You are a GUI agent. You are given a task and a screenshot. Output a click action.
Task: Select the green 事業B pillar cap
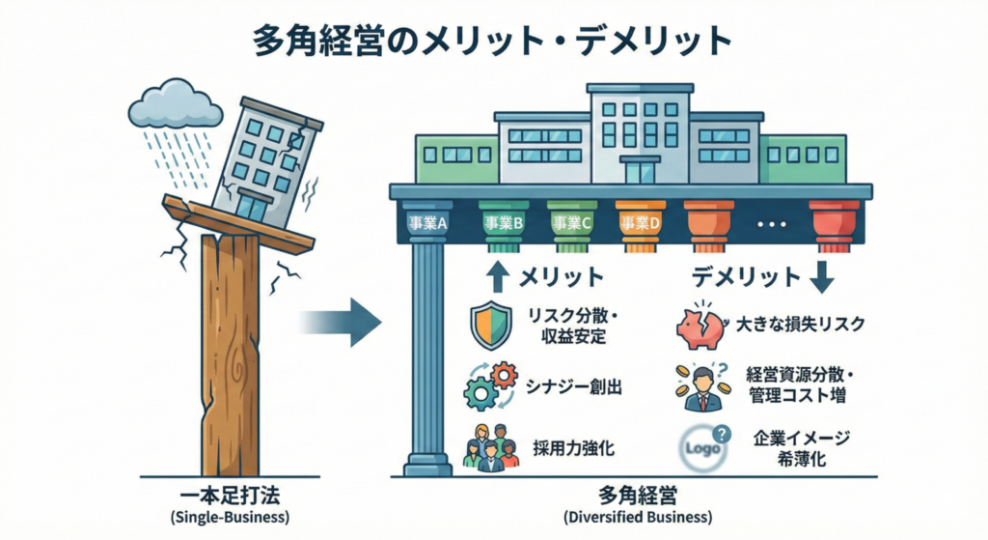[504, 222]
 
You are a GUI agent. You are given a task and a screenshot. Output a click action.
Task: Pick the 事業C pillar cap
[572, 222]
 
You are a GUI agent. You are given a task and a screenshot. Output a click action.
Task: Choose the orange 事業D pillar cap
[641, 222]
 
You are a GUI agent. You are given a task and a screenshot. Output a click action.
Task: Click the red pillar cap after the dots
[835, 222]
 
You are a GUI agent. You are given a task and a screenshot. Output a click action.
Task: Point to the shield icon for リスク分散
[488, 325]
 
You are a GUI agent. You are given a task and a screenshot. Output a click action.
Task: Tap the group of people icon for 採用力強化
[490, 446]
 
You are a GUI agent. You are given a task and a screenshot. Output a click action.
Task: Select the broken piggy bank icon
[701, 326]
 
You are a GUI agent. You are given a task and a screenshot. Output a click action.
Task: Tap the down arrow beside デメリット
[823, 277]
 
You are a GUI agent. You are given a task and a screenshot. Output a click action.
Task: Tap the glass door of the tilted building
[254, 205]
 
